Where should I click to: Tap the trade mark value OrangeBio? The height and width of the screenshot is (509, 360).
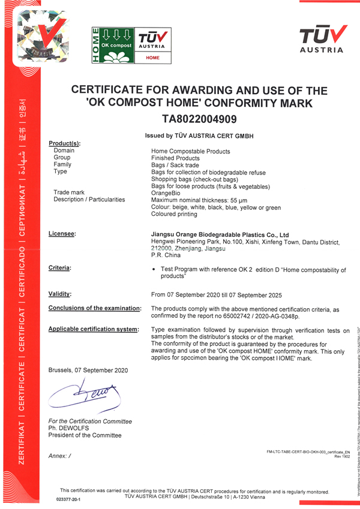click(x=166, y=193)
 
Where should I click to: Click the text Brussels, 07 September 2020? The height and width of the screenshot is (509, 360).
click(x=88, y=370)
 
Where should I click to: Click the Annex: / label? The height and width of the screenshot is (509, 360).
click(x=59, y=456)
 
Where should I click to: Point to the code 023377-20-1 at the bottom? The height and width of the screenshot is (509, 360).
click(x=68, y=498)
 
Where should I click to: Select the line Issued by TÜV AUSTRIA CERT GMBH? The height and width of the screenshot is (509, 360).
click(x=199, y=136)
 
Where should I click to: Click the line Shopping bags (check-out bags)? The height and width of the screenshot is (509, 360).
click(x=195, y=179)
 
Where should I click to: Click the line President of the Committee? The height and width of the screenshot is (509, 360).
click(x=85, y=435)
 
